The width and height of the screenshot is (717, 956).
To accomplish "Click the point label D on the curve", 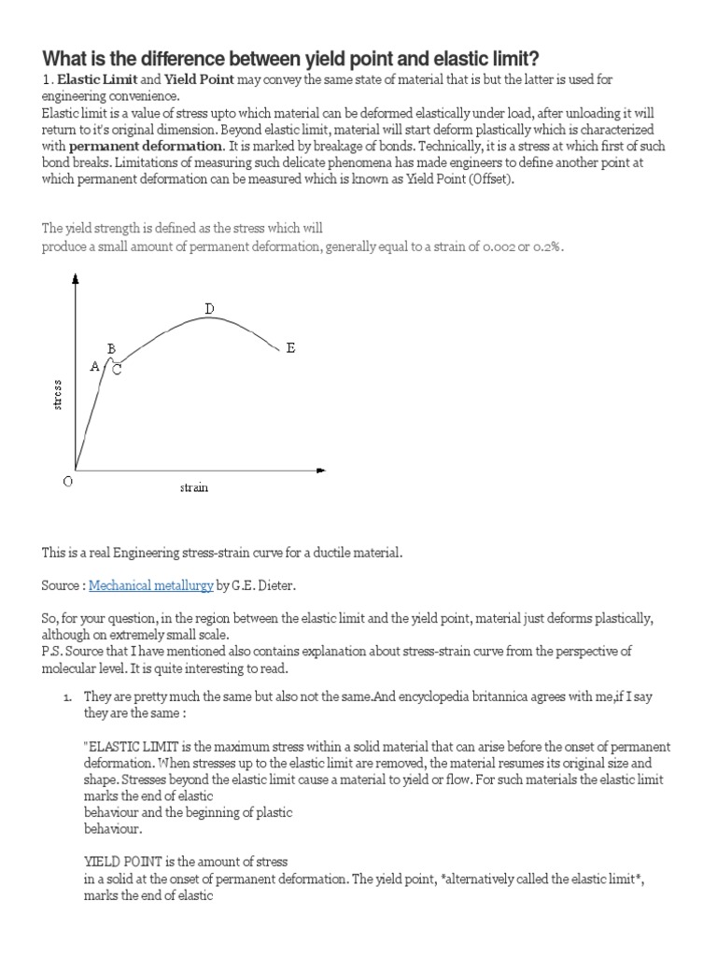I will click(209, 309).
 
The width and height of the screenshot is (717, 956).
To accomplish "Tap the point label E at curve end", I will click(290, 348).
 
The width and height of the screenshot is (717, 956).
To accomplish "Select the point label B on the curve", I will click(111, 349).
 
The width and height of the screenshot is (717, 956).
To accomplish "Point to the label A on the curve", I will click(94, 367).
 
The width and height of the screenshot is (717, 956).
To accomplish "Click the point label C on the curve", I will click(118, 370).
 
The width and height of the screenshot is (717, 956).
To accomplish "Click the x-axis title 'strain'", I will click(194, 488).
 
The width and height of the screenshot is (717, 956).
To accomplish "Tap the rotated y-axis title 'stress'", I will click(57, 394).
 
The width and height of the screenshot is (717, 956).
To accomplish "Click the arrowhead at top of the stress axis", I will click(75, 278).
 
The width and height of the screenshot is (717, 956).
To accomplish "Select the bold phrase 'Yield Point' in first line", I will click(199, 79).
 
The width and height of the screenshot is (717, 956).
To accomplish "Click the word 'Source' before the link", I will click(62, 585).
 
